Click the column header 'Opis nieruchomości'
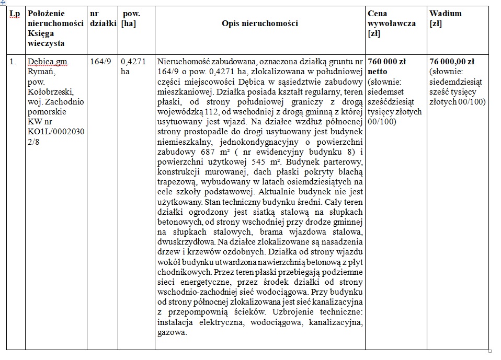point(259,24)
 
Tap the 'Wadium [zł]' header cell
point(446,18)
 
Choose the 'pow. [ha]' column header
point(130,18)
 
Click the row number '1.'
point(13,61)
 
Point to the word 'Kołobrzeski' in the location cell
point(48,91)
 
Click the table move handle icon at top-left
point(3,3)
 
